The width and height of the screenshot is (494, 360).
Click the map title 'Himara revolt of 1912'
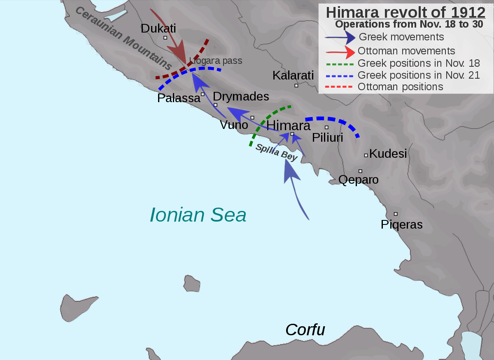pyautogui.click(x=405, y=12)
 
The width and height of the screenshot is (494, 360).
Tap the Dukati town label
pyautogui.click(x=158, y=28)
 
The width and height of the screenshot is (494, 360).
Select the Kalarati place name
pyautogui.click(x=293, y=75)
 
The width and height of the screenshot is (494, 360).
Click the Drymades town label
pyautogui.click(x=241, y=96)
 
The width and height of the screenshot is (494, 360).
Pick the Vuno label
pyautogui.click(x=234, y=125)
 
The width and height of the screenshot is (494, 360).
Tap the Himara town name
pyautogui.click(x=289, y=125)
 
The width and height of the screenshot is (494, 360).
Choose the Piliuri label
pyautogui.click(x=327, y=138)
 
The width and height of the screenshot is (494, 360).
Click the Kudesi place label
pyautogui.click(x=388, y=154)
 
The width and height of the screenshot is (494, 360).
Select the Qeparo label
pyautogui.click(x=358, y=180)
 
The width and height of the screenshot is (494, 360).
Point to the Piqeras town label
pyautogui.click(x=402, y=224)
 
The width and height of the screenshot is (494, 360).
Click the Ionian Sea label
pyautogui.click(x=198, y=215)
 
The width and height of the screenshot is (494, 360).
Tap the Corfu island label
pyautogui.click(x=305, y=330)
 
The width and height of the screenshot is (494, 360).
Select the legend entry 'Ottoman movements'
pyautogui.click(x=406, y=51)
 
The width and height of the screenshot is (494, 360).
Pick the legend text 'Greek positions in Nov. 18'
pyautogui.click(x=419, y=63)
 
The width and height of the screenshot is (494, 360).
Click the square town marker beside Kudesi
pyautogui.click(x=366, y=155)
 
